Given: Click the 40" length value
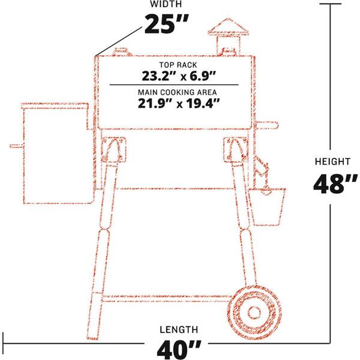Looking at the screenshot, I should click(178, 349).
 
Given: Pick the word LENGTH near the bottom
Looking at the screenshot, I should click(178, 329).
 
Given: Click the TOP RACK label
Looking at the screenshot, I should click(178, 64).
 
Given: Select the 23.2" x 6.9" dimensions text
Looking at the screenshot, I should click(178, 76).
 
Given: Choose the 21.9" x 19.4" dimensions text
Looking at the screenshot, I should click(178, 103).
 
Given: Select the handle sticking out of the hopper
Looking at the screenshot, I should click(16, 145).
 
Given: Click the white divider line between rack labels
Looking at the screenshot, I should click(178, 85).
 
